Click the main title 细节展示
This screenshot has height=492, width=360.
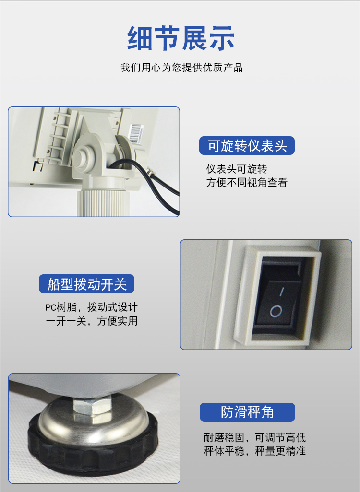coord(180,38)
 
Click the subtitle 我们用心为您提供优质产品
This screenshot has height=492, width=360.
coord(181,68)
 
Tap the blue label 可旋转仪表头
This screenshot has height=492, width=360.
coord(247,146)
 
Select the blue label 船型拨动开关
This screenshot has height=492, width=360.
coord(87,284)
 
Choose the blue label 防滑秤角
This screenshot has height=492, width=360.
coord(247,412)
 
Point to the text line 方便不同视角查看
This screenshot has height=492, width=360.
coord(247,182)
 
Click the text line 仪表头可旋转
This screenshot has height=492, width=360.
coord(237,169)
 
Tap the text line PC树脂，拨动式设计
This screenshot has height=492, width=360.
coord(91,307)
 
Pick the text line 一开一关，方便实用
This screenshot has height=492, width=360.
coord(91,321)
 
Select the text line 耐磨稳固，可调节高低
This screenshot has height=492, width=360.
coord(255,437)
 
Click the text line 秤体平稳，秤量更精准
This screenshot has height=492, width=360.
coord(255,451)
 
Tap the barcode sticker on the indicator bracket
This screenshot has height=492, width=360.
coord(136,133)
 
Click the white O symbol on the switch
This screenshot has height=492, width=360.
coord(276,311)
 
